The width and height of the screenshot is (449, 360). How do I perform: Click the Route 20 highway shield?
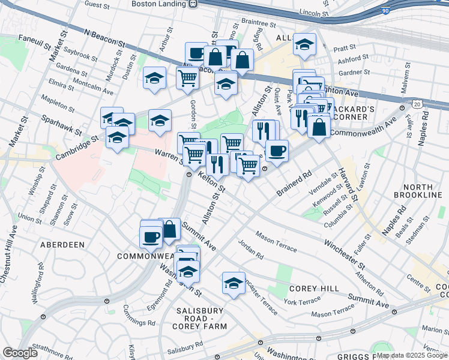pos(417,104)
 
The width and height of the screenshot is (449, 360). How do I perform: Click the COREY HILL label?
pos(310,288)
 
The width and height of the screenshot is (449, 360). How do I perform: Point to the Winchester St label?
pos(344,254)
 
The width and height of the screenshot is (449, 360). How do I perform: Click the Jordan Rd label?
pos(250,248)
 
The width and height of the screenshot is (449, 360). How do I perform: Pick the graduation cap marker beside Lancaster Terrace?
pos(234,283)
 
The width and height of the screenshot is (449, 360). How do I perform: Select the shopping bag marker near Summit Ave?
pos(169,229)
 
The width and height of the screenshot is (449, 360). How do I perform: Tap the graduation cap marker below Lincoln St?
pos(305,44)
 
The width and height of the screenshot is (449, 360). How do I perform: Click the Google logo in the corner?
pos(20,353)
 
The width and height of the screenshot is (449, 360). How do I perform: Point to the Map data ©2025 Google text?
pos(411,355)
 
